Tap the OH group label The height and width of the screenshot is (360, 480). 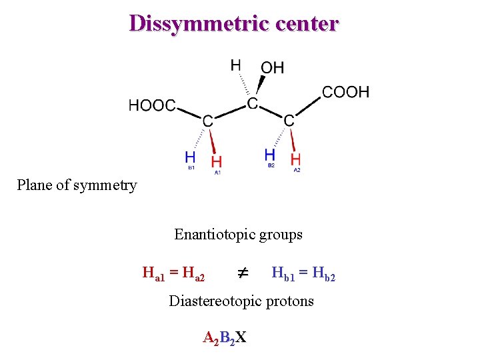point(272,67)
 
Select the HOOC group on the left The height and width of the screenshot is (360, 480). point(152,105)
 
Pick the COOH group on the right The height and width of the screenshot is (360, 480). point(345,91)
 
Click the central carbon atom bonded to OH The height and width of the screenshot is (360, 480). point(252,104)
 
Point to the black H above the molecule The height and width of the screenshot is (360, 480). point(236,65)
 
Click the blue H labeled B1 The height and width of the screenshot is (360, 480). point(190,158)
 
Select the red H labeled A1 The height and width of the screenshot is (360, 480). point(217,161)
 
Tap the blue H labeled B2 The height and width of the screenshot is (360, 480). point(270,155)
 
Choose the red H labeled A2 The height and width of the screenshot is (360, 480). point(296,159)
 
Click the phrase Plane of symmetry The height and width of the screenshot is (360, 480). point(77,185)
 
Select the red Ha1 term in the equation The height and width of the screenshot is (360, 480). point(154,273)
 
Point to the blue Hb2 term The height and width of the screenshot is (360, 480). point(324,273)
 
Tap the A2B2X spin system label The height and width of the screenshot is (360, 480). point(224,337)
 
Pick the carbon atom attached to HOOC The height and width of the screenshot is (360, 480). point(208,121)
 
